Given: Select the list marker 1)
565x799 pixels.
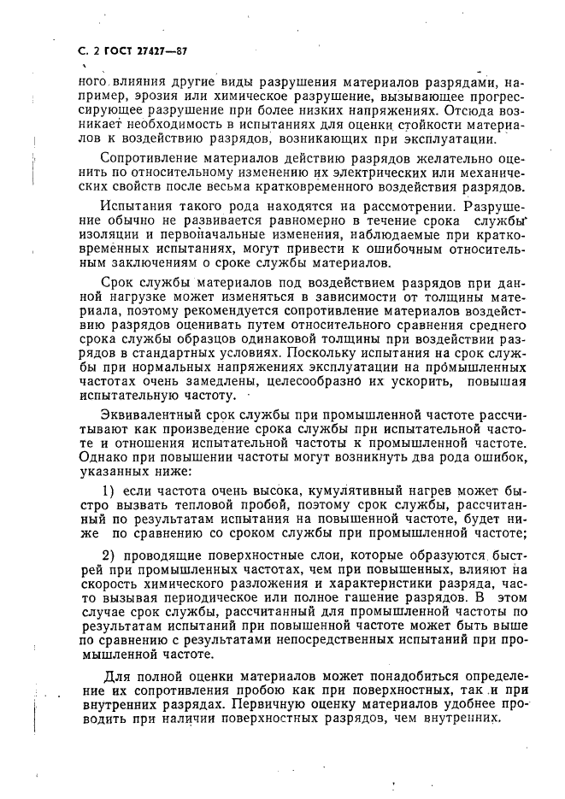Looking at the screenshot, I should click(109, 491).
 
